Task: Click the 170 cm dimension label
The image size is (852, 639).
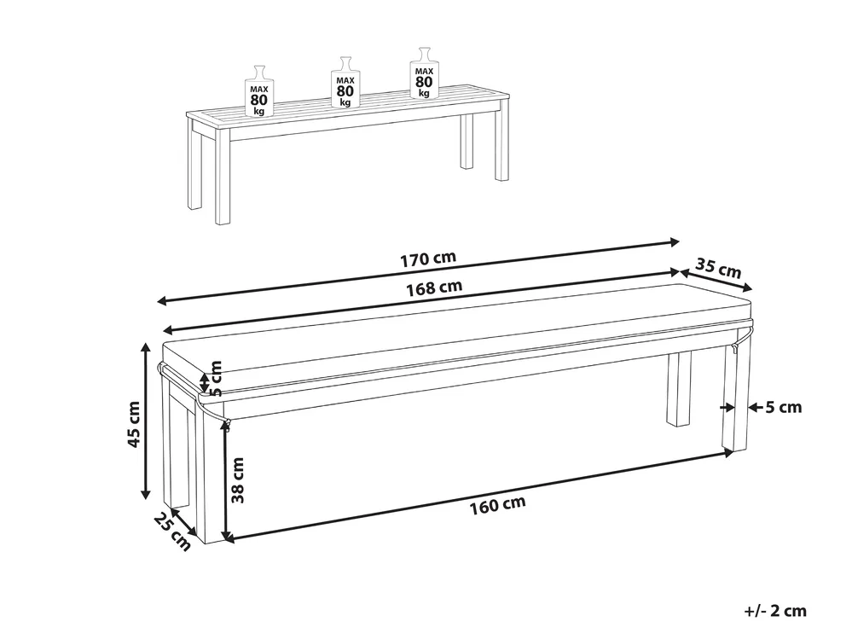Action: tap(428, 259)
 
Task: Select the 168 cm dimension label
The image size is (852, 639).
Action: tap(434, 288)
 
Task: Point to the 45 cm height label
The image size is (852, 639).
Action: tap(134, 425)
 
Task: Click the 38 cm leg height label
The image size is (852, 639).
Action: tap(237, 479)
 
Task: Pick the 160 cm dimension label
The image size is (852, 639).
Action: tap(498, 505)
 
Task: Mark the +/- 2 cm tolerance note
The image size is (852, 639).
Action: tap(775, 611)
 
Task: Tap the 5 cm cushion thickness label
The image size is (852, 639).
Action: tap(216, 378)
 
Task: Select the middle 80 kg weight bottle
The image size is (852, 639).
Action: tap(345, 82)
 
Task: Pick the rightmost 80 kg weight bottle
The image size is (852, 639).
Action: tap(424, 73)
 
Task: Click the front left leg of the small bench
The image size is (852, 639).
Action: tap(223, 180)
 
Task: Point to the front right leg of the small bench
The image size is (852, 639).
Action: tap(502, 143)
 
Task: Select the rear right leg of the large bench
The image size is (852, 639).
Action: tap(678, 389)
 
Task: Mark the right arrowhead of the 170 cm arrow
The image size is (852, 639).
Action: tap(675, 241)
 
